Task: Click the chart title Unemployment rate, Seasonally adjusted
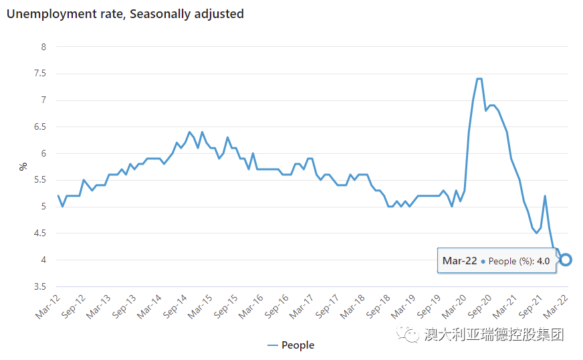[x=125, y=13]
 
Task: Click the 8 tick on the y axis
[x=43, y=47]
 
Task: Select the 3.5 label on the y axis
[x=40, y=287]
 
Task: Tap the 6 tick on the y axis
[x=43, y=153]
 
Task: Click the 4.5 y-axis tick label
[x=40, y=234]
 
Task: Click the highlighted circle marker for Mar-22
[x=566, y=260]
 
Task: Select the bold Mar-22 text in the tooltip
[x=459, y=261]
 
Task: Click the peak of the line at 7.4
[x=479, y=79]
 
